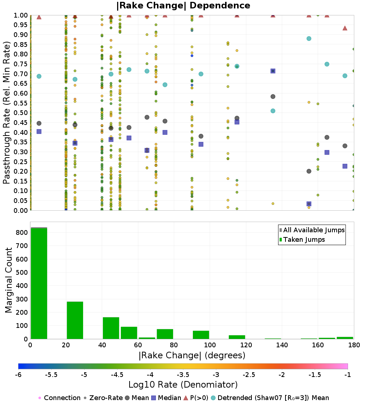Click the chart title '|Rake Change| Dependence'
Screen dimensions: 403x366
(183, 6)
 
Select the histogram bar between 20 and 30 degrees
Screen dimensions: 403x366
(75, 320)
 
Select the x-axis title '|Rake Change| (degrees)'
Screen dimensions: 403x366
(192, 355)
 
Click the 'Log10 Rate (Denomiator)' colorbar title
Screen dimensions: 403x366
(183, 385)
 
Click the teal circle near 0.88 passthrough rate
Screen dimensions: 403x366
(309, 38)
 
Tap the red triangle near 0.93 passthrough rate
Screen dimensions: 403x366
(345, 28)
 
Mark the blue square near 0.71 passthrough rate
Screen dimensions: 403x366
(273, 71)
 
